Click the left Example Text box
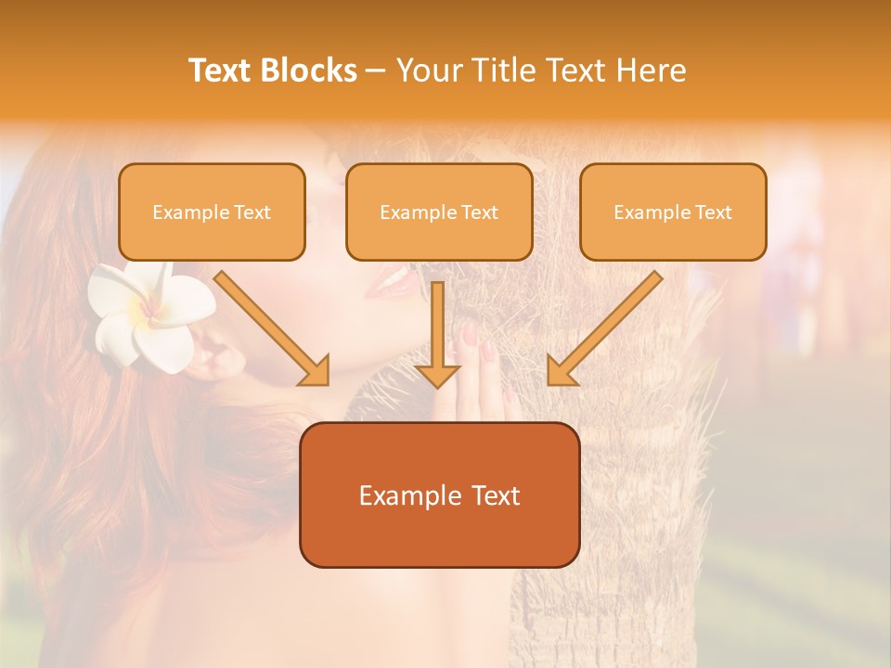[212, 212]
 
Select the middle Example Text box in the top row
[439, 212]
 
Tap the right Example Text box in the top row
[673, 212]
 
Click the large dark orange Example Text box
[439, 495]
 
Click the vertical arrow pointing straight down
[437, 334]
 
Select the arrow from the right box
[608, 325]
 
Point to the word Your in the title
[430, 71]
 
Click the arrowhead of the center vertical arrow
[437, 374]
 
